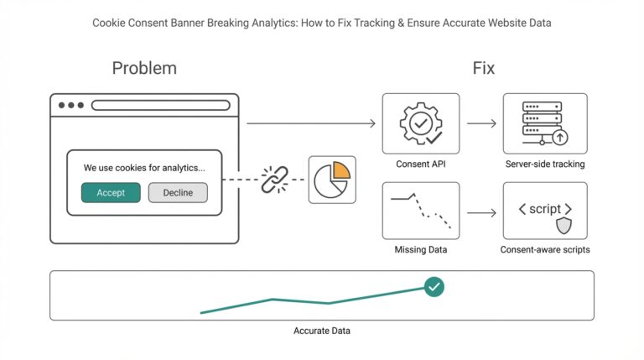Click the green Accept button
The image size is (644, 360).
[x=111, y=193]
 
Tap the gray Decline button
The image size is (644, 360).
[x=178, y=193]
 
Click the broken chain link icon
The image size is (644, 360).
[x=273, y=179]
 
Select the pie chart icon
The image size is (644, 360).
[x=331, y=179]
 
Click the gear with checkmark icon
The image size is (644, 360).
[x=420, y=123]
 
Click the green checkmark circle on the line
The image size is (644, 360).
[x=434, y=287]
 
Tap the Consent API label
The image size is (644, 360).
[x=420, y=164]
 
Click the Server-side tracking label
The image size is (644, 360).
[x=544, y=164]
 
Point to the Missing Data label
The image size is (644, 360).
[x=420, y=250]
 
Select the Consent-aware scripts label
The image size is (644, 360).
[x=544, y=250]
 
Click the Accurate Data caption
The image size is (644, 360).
[x=322, y=331]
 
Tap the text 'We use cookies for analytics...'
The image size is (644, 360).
[x=144, y=169]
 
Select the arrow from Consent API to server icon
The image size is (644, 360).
[x=481, y=124]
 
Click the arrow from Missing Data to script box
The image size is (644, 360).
[x=481, y=213]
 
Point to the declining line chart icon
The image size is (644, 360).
[x=420, y=211]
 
